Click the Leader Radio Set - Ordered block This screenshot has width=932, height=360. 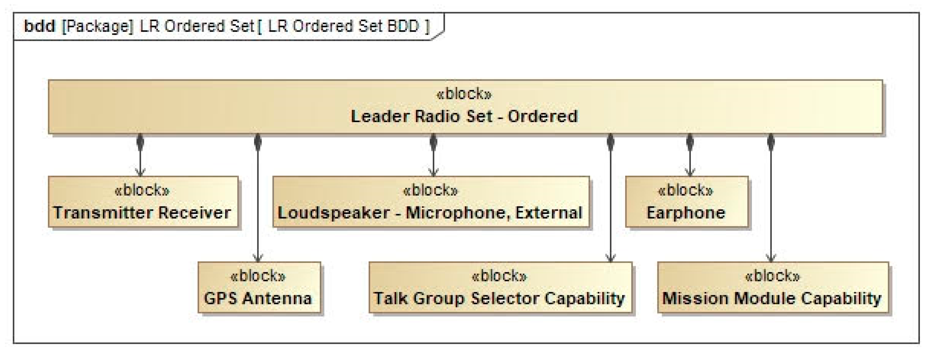pyautogui.click(x=465, y=107)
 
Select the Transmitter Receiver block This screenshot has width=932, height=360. pyautogui.click(x=143, y=202)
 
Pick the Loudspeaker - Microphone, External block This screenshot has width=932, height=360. pyautogui.click(x=431, y=202)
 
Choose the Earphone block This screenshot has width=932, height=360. pyautogui.click(x=686, y=202)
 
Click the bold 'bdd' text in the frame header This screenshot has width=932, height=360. pyautogui.click(x=39, y=26)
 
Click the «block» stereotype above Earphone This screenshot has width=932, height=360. pyautogui.click(x=686, y=190)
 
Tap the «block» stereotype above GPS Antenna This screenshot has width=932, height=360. pyautogui.click(x=258, y=276)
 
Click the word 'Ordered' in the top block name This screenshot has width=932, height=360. pyautogui.click(x=543, y=116)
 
